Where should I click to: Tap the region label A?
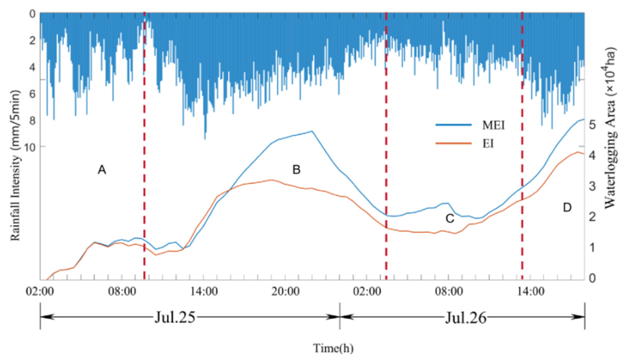coord(102,170)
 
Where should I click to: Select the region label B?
coord(296,170)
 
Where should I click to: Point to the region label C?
coord(450,218)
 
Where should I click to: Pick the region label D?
coord(567,208)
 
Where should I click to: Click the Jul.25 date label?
coord(175,317)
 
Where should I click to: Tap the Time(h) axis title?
coord(333,348)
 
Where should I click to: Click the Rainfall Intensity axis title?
coord(15,166)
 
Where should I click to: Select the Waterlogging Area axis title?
coord(610,129)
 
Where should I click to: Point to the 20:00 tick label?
coord(285,292)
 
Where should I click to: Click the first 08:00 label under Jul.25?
coord(122,292)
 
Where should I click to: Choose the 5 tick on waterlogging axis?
coord(592,125)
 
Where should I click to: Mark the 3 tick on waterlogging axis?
coord(592,186)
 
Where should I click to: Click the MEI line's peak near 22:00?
coord(312,131)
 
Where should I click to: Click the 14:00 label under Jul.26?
coord(531,292)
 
